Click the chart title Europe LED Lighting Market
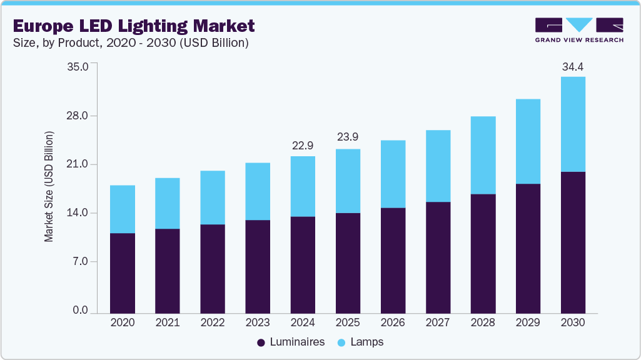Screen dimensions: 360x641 click(x=134, y=26)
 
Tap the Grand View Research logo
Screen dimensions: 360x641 click(x=578, y=30)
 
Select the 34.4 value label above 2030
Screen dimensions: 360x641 click(x=573, y=66)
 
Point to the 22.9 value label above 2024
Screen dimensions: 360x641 click(x=303, y=146)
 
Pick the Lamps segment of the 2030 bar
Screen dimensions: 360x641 click(x=573, y=124)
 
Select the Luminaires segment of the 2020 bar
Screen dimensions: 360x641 click(x=123, y=272)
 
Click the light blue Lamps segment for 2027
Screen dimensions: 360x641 click(x=438, y=166)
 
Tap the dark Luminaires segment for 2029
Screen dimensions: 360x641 click(x=528, y=248)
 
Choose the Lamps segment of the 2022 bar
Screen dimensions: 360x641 click(x=213, y=197)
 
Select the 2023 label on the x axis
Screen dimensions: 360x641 click(x=258, y=323)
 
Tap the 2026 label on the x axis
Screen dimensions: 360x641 click(x=393, y=323)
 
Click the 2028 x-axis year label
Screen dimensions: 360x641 click(x=483, y=323)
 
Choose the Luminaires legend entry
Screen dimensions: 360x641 click(x=290, y=342)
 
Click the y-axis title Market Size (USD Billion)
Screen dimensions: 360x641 click(x=49, y=187)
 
